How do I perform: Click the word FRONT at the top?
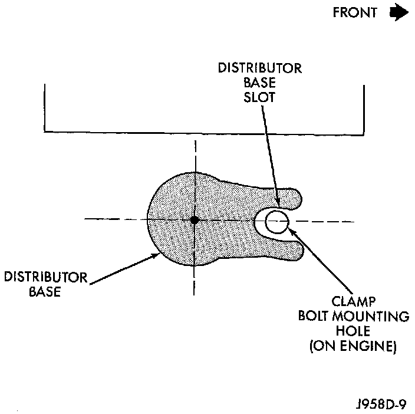click(355, 13)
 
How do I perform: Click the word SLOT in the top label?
click(260, 97)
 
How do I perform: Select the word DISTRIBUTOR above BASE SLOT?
click(260, 68)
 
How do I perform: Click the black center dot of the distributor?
click(194, 220)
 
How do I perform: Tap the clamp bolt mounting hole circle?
click(276, 222)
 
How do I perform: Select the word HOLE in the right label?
click(352, 332)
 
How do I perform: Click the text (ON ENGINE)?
click(352, 347)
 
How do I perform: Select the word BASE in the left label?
click(45, 291)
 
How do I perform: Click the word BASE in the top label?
click(260, 83)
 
